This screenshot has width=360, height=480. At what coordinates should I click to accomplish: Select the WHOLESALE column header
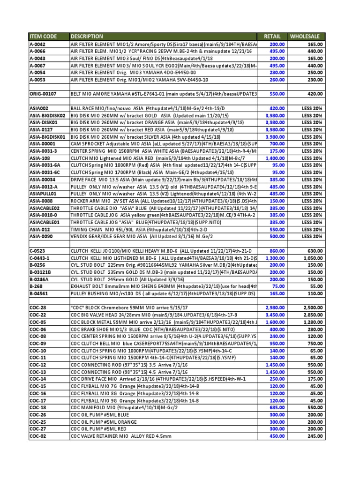pos(305,36)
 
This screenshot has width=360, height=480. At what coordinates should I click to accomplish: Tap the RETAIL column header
pos(272,36)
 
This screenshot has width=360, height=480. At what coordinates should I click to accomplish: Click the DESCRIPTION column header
pos(87,36)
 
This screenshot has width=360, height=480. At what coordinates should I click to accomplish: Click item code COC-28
pos(37,307)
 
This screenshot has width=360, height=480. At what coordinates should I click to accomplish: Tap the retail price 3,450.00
pos(272,315)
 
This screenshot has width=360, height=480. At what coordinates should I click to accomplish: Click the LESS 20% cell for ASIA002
pos(312,108)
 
